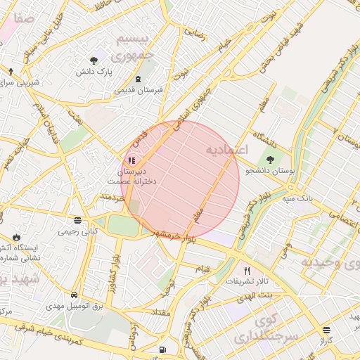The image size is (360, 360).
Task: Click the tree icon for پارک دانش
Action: pyautogui.click(x=94, y=60)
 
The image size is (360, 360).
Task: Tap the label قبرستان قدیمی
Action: pyautogui.click(x=138, y=90)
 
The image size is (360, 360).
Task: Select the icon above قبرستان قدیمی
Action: pyautogui.click(x=138, y=79)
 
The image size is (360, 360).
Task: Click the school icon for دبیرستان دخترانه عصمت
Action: pyautogui.click(x=131, y=160)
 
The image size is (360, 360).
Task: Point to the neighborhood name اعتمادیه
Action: pyautogui.click(x=226, y=150)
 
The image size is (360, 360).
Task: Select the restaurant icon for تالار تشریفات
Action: pyautogui.click(x=246, y=270)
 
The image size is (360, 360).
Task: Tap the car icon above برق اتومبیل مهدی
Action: pyautogui.click(x=74, y=294)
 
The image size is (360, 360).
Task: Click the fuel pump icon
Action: pyautogui.click(x=163, y=349)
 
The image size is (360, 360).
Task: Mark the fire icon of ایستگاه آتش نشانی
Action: pyautogui.click(x=16, y=237)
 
